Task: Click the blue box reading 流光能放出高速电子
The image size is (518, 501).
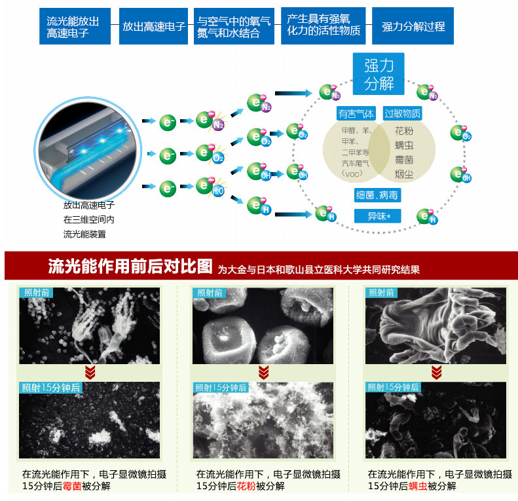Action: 73,27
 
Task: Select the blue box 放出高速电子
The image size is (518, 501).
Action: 154,27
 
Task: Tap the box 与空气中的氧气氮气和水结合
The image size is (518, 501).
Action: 234,27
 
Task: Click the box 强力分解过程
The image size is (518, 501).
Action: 413,27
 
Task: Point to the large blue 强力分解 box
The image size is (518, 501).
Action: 379,74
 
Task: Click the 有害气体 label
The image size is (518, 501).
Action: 356,114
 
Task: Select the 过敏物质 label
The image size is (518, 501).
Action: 402,114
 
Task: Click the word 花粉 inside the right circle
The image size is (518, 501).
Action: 404,131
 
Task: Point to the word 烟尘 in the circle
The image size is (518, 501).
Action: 404,174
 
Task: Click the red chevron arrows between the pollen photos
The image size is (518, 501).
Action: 263,373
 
